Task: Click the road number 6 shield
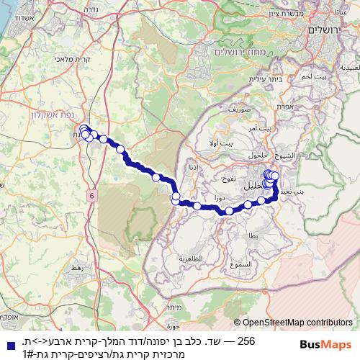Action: (93, 195)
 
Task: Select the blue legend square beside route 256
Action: (6, 340)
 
